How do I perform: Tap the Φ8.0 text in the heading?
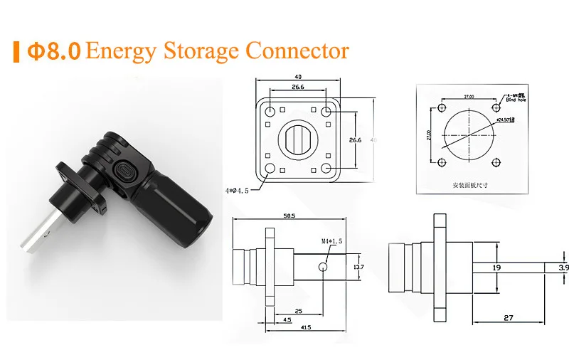coord(54,52)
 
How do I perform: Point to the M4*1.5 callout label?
coord(330,241)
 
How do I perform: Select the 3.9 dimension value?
coord(563,268)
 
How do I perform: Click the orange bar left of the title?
coord(16,52)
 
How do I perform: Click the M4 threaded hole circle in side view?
coord(324,267)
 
